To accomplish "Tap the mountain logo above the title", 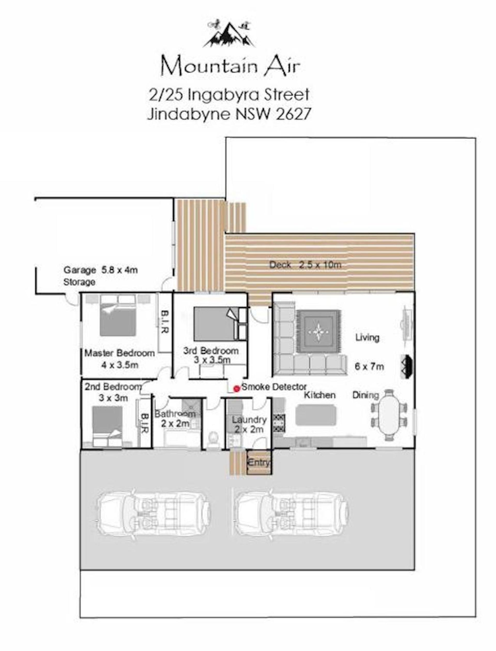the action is click(x=229, y=34).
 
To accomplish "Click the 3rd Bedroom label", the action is click(x=211, y=351).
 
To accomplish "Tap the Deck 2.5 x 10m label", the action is click(x=305, y=265).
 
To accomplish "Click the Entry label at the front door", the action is click(x=259, y=463).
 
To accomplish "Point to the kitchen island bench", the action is click(x=316, y=415).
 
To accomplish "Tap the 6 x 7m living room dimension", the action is click(x=369, y=367).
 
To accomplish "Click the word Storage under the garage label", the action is click(x=79, y=282).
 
